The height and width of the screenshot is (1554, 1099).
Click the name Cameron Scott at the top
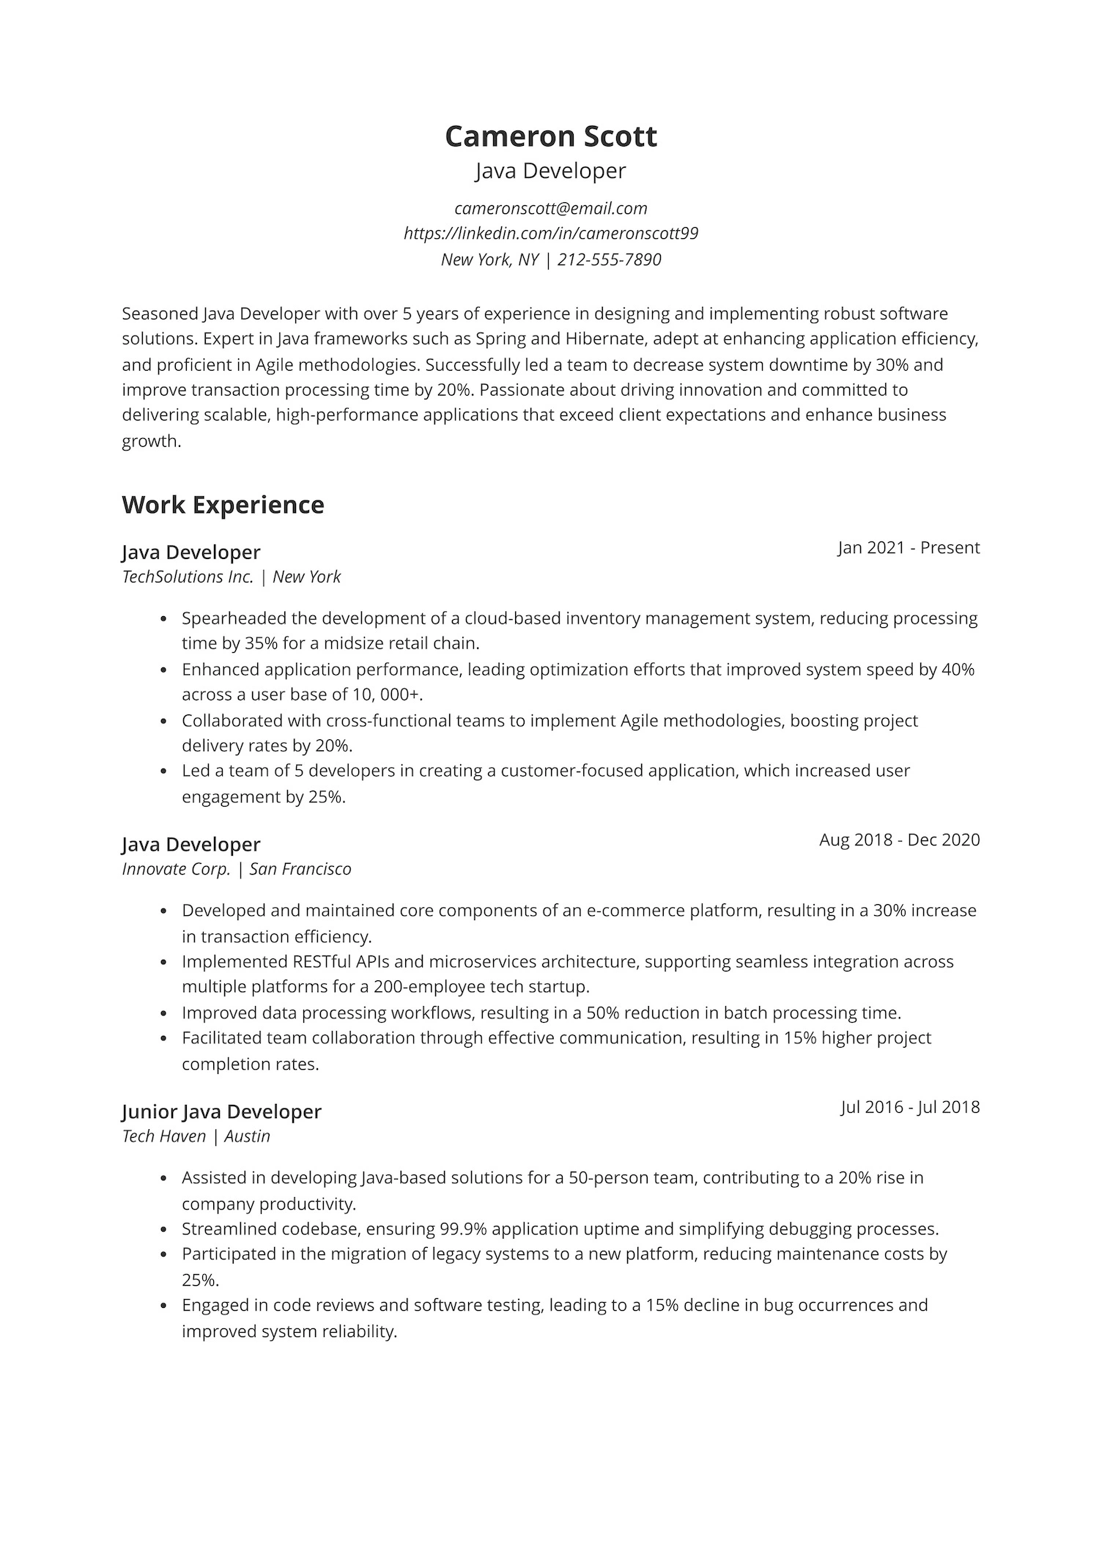pyautogui.click(x=550, y=137)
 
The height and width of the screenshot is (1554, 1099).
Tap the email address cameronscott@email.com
pyautogui.click(x=550, y=209)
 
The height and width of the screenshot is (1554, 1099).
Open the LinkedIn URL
pyautogui.click(x=550, y=234)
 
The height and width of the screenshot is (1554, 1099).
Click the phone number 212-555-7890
pyautogui.click(x=609, y=259)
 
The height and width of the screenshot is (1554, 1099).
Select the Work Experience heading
pyautogui.click(x=223, y=505)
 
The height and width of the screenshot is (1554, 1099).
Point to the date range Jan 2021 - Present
pyautogui.click(x=909, y=548)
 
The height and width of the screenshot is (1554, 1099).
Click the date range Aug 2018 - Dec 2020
pyautogui.click(x=899, y=840)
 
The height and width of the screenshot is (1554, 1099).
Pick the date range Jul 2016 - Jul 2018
pyautogui.click(x=910, y=1107)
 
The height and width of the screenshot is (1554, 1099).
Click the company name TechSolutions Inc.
pyautogui.click(x=188, y=577)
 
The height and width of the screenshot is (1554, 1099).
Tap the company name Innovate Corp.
pyautogui.click(x=176, y=870)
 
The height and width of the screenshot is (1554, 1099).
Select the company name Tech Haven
pyautogui.click(x=164, y=1136)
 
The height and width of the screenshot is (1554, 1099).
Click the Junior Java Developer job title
pyautogui.click(x=221, y=1111)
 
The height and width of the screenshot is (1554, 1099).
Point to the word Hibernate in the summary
pyautogui.click(x=605, y=339)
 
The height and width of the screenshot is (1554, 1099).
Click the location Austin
pyautogui.click(x=247, y=1136)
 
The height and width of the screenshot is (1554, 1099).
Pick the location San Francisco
pyautogui.click(x=300, y=870)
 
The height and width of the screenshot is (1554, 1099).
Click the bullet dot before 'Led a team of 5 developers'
pyautogui.click(x=164, y=772)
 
